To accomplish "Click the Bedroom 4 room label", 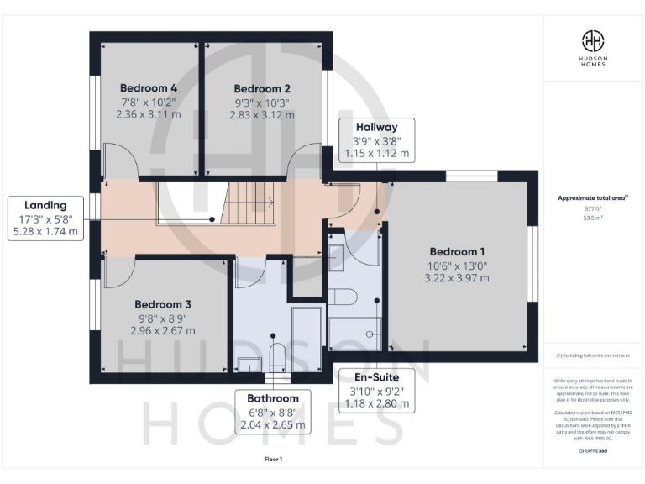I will click(x=148, y=87).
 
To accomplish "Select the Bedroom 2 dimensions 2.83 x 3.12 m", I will click(x=262, y=115).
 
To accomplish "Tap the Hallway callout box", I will click(x=376, y=139).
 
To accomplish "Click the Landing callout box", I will click(x=46, y=218).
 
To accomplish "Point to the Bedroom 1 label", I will click(x=457, y=251).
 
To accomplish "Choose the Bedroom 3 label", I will click(x=163, y=304).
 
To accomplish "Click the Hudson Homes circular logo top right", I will click(x=594, y=39).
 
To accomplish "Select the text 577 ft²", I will click(x=594, y=208).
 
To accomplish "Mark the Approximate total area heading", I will click(x=594, y=198).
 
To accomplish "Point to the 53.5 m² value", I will click(x=594, y=217).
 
